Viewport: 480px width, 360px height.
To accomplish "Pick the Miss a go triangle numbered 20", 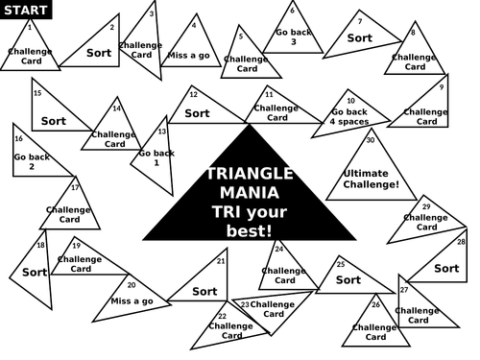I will pyautogui.click(x=132, y=300).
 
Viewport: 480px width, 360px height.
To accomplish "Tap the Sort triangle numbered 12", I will pyautogui.click(x=199, y=112).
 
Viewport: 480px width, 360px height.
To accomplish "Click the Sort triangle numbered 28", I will pyautogui.click(x=445, y=268).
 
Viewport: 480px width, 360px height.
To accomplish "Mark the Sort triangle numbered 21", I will pyautogui.click(x=204, y=290).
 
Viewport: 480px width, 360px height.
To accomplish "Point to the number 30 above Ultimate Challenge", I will pyautogui.click(x=371, y=140).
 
